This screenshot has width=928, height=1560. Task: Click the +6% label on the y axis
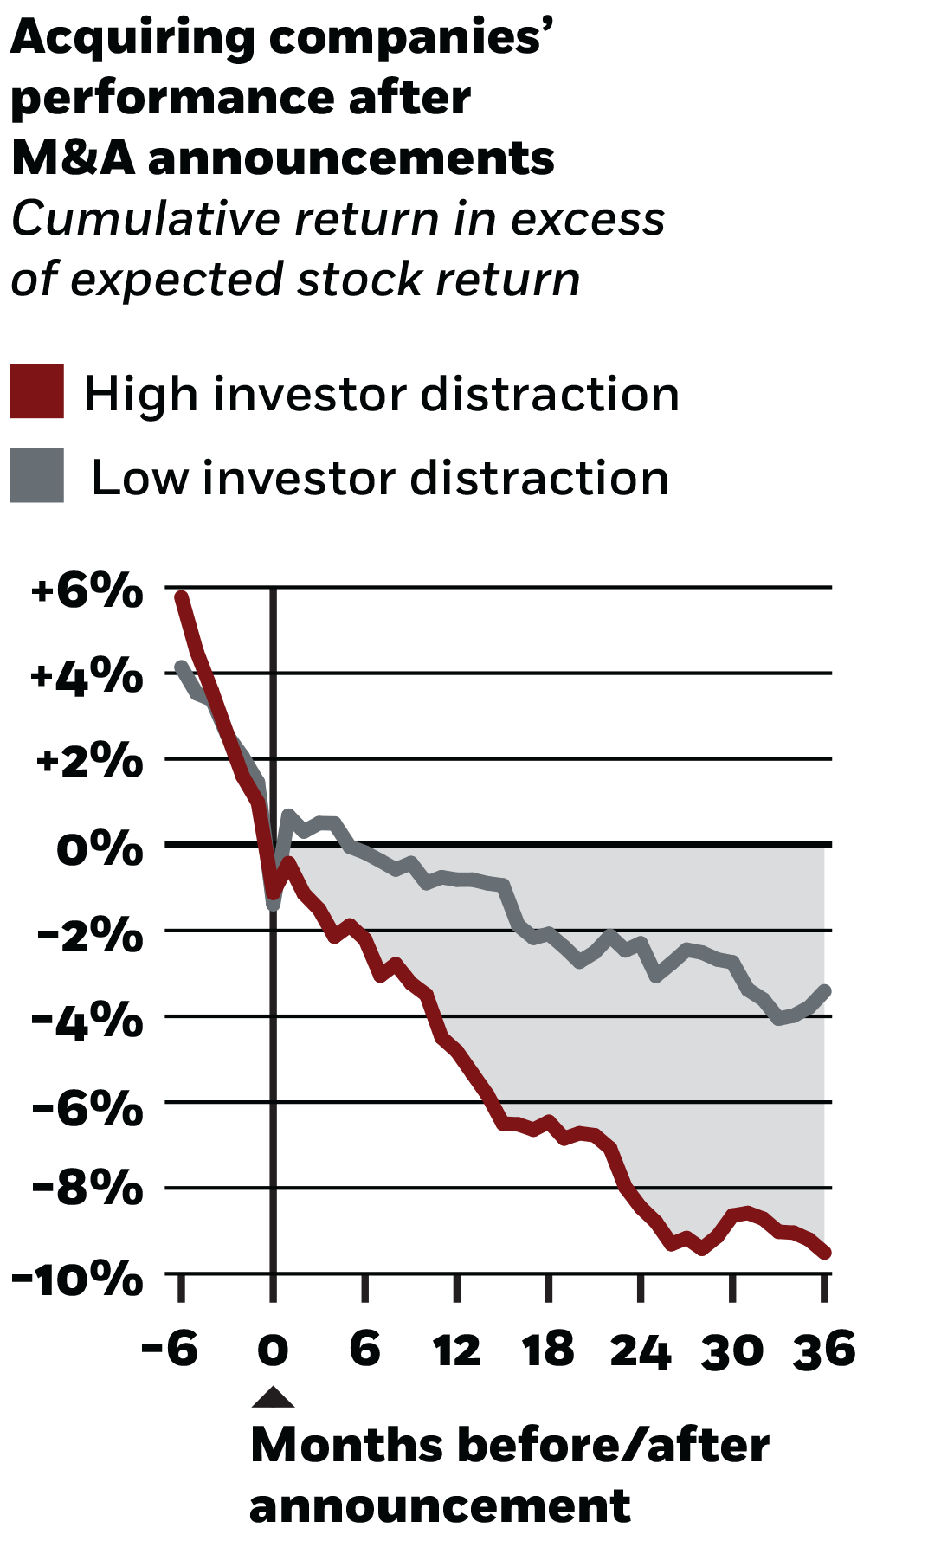(87, 591)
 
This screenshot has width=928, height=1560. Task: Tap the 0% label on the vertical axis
(99, 848)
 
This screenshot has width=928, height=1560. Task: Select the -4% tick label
(87, 1020)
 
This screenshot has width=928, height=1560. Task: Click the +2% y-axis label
(89, 762)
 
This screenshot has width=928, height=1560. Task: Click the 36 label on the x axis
(824, 1350)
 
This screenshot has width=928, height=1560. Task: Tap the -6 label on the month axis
(170, 1350)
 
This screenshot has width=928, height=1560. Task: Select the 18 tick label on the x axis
(548, 1350)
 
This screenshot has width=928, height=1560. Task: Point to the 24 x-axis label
(640, 1350)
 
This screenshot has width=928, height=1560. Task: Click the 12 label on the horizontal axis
(456, 1350)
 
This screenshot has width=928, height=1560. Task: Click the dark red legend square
(36, 391)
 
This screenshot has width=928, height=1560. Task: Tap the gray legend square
(36, 475)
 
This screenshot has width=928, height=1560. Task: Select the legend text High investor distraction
(381, 395)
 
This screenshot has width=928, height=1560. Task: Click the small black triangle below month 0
(273, 1397)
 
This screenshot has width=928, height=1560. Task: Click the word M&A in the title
(73, 158)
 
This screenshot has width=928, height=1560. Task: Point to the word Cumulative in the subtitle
(145, 219)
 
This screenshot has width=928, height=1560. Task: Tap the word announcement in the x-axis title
(440, 1505)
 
